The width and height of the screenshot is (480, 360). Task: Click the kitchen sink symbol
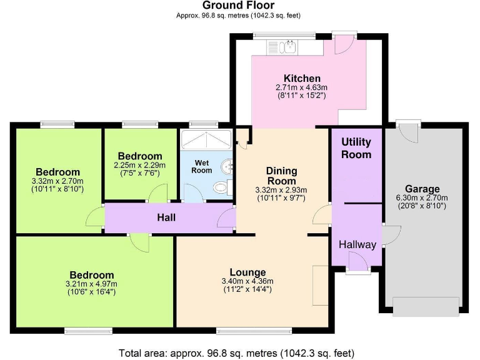click(x=291, y=46)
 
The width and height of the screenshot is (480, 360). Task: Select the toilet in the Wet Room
click(x=221, y=186)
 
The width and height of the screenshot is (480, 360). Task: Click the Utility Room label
click(x=356, y=148)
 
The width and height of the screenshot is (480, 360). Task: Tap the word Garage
click(x=422, y=189)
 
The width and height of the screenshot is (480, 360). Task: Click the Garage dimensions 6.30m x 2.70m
click(x=422, y=198)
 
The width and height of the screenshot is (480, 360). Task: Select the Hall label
click(x=166, y=217)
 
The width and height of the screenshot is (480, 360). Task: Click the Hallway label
click(x=357, y=244)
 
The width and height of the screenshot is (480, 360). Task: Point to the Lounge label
click(x=248, y=272)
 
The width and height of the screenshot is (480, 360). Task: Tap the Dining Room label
click(x=282, y=176)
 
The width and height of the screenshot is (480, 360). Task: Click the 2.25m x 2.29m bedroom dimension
click(x=141, y=165)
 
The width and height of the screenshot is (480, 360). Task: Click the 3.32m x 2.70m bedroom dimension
click(x=58, y=181)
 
